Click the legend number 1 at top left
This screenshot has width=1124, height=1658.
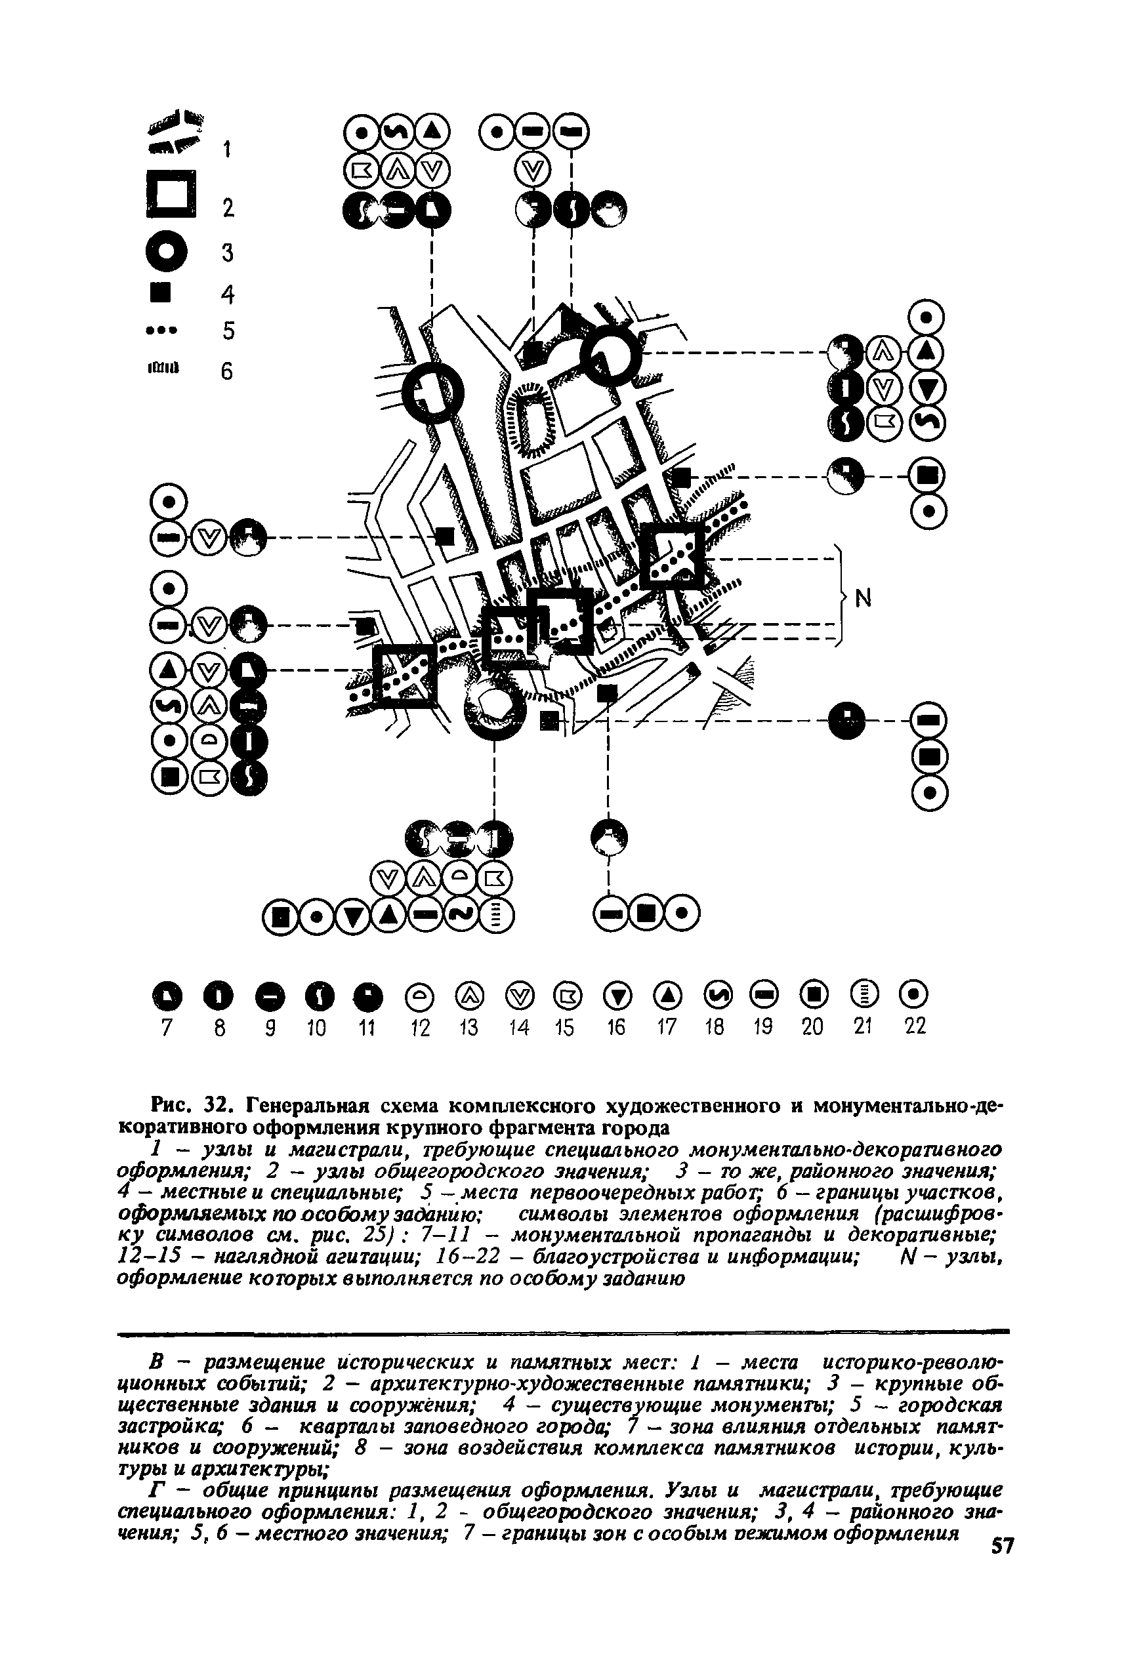click(227, 149)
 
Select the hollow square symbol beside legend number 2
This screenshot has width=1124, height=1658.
click(170, 194)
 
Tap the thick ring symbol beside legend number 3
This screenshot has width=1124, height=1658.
click(166, 251)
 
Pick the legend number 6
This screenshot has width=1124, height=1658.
click(226, 372)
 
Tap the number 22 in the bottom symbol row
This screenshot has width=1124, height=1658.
click(915, 1026)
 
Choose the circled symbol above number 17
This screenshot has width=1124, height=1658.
click(667, 994)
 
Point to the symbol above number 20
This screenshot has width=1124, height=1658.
click(813, 994)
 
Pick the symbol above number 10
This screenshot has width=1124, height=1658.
click(316, 994)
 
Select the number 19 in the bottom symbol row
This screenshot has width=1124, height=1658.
click(764, 1027)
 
